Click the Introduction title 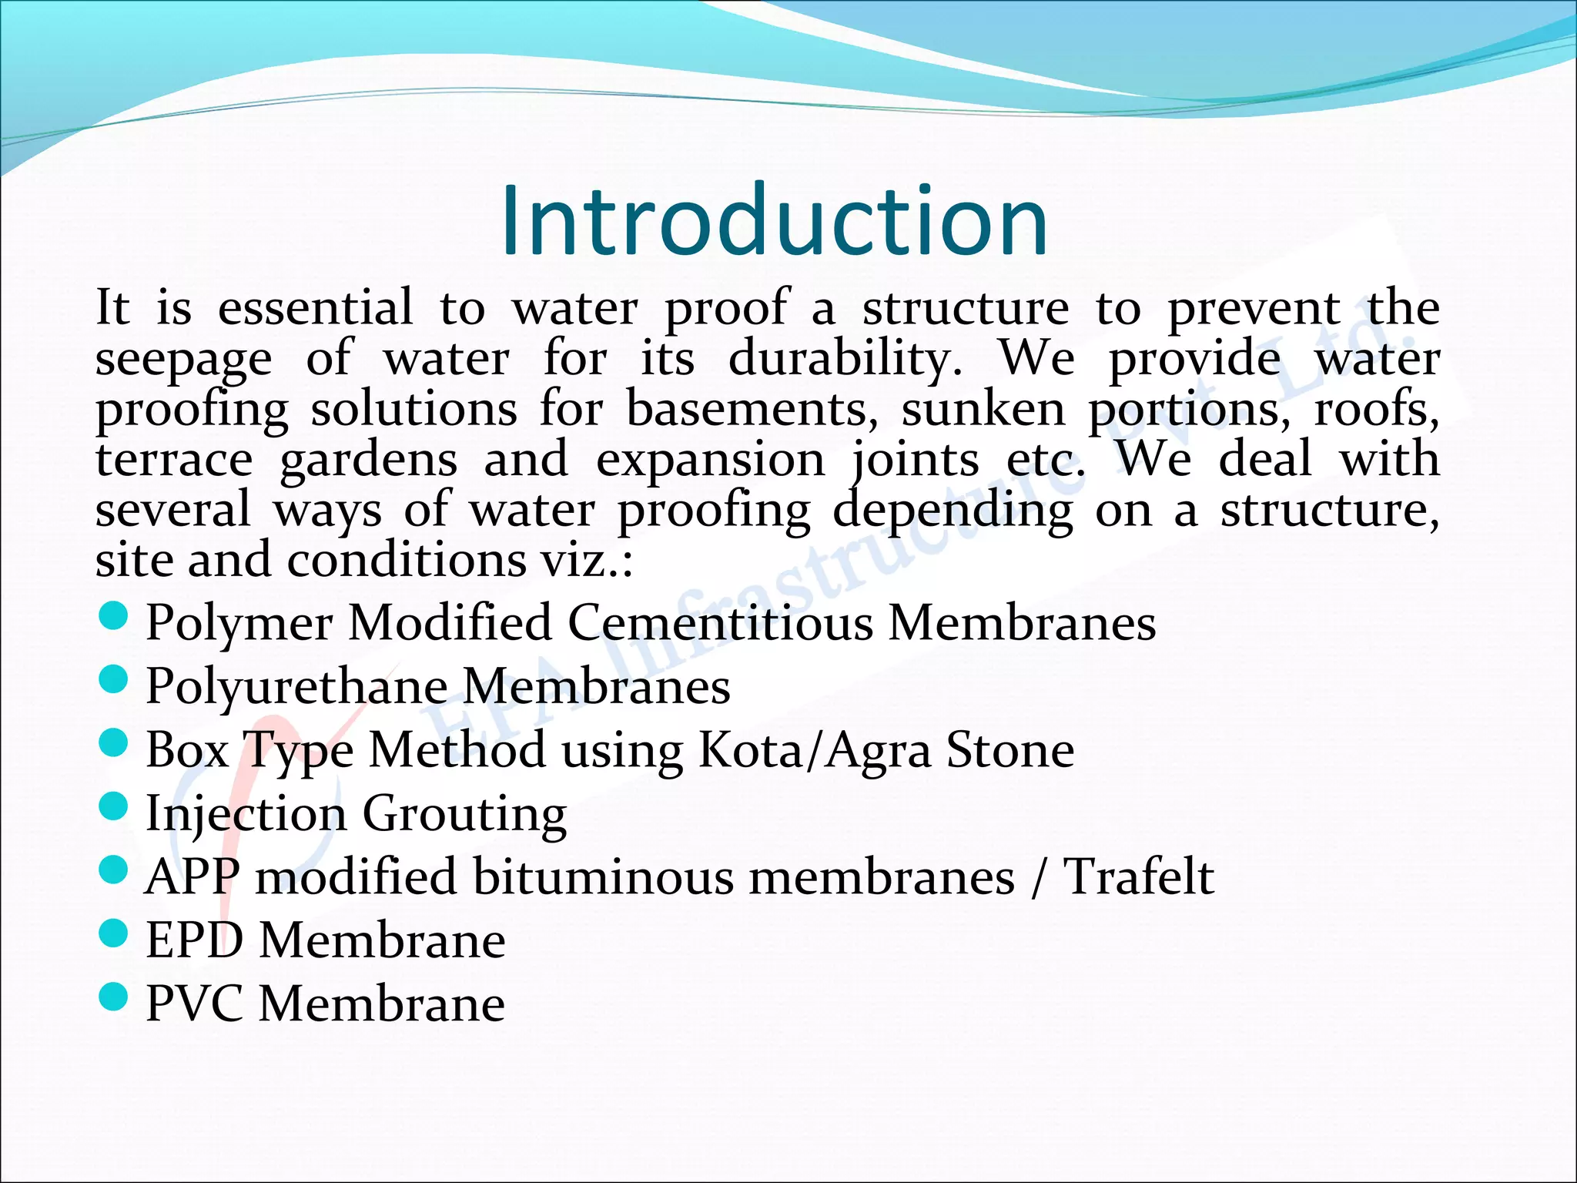click(774, 222)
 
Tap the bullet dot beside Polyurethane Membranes click(113, 680)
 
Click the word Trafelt click(1138, 877)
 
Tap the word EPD click(195, 941)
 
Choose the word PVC click(195, 1004)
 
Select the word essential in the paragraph click(316, 308)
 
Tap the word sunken click(983, 409)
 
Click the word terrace click(174, 460)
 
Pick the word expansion click(710, 461)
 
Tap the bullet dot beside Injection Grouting click(113, 807)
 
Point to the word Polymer click(239, 624)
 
